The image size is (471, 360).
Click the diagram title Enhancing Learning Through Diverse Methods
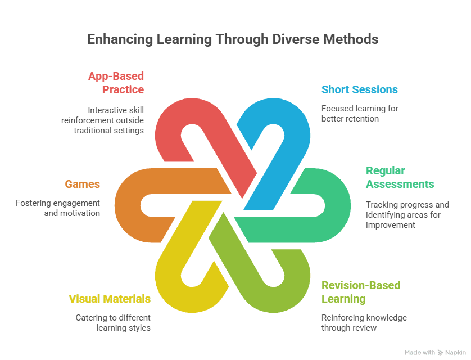click(x=232, y=40)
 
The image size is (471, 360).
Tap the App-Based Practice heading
click(x=115, y=82)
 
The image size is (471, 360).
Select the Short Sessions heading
click(x=359, y=89)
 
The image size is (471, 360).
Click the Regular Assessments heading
click(x=400, y=177)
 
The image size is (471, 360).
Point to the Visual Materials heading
click(x=110, y=299)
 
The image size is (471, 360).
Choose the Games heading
click(x=82, y=184)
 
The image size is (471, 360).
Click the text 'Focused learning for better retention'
click(x=359, y=113)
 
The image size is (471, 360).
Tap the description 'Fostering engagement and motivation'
click(x=58, y=208)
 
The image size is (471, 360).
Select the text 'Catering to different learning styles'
click(x=112, y=323)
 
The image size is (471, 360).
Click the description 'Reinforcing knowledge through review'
click(x=364, y=323)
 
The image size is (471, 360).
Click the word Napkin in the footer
click(x=456, y=353)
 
